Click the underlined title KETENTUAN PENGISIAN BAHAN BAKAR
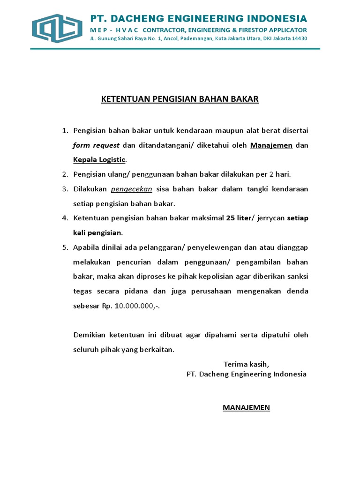[x=180, y=99]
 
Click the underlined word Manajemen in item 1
[x=271, y=145]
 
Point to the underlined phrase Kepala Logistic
[x=99, y=159]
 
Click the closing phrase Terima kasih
[x=247, y=364]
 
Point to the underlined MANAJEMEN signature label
[x=246, y=407]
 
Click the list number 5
[x=65, y=247]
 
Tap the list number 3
[x=65, y=189]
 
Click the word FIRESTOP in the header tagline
[x=253, y=30]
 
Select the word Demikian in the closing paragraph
[x=90, y=335]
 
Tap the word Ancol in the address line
[x=170, y=38]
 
